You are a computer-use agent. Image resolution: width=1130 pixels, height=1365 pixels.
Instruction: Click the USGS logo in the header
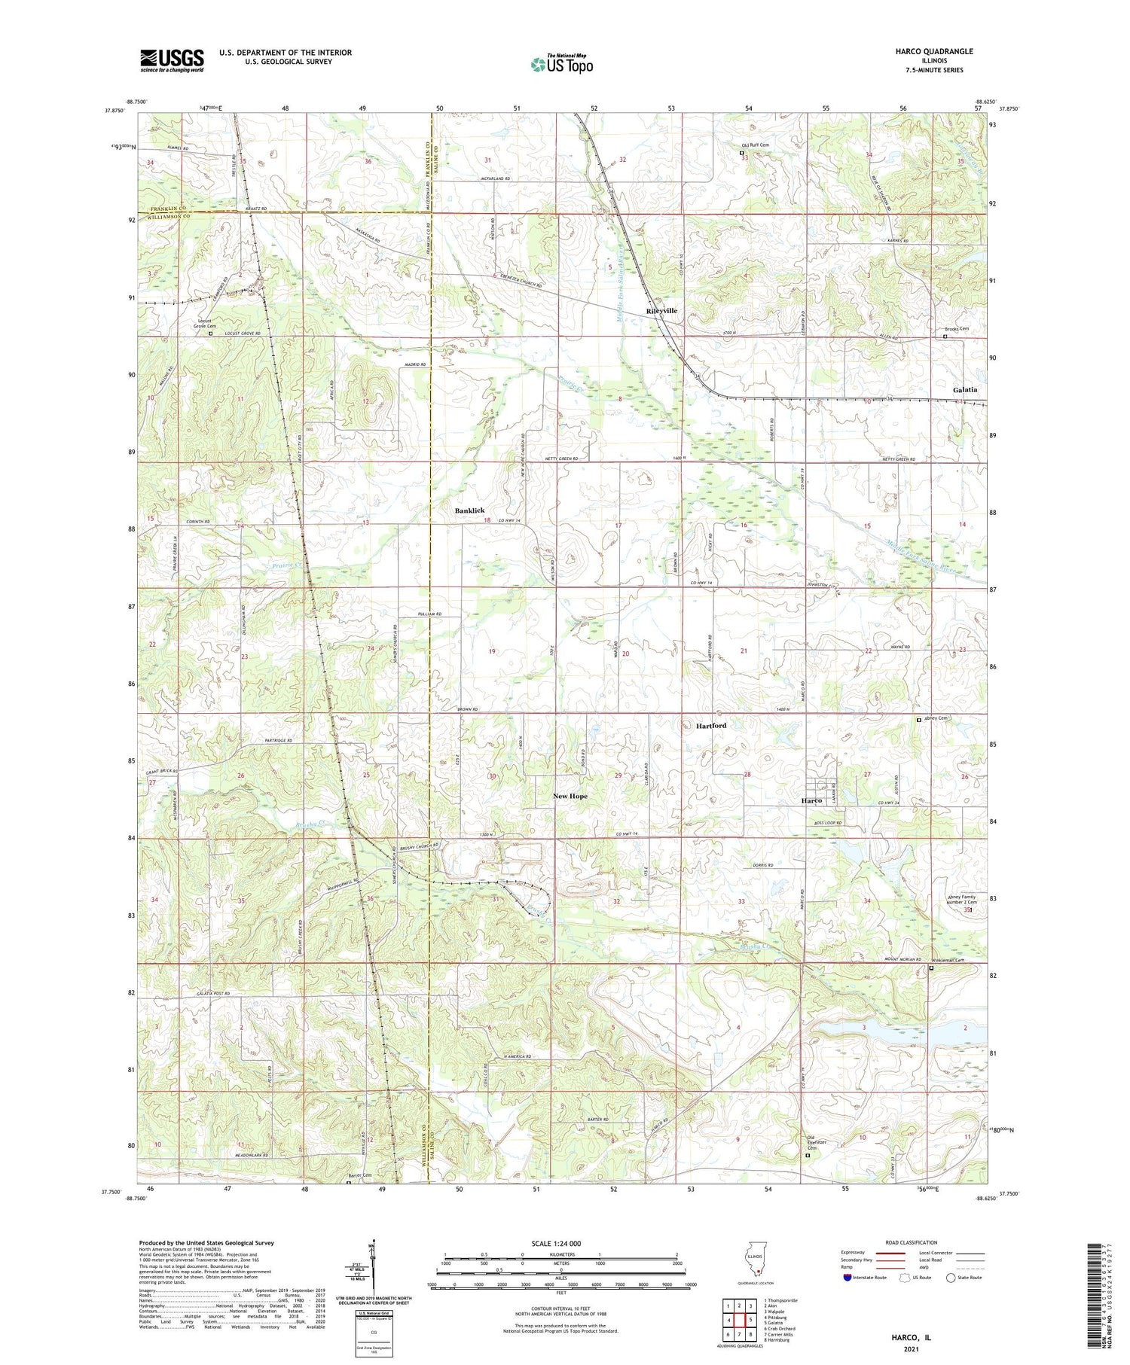coord(172,60)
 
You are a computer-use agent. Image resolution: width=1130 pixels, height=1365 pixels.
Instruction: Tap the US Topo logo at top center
coord(561,64)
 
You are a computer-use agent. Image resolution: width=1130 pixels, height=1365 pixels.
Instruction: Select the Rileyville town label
coord(661,311)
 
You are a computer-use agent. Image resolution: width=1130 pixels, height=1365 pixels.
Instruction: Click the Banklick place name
coord(469,510)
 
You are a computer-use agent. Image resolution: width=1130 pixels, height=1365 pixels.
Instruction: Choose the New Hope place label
coord(570,796)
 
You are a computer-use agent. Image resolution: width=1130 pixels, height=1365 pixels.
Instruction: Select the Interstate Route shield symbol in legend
coord(846,1278)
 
